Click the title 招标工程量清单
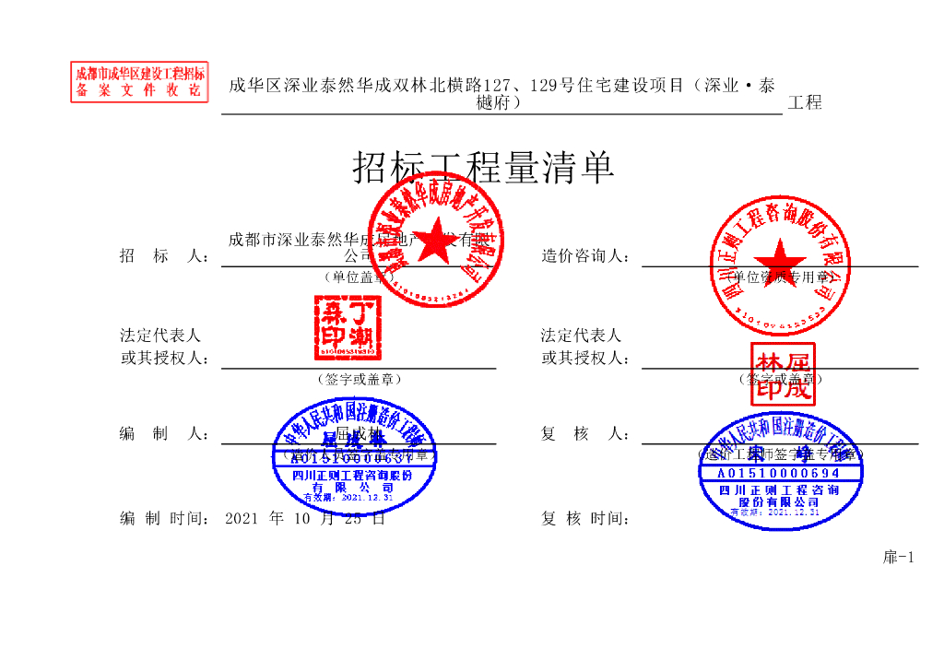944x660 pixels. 483,168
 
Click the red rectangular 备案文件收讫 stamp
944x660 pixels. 139,82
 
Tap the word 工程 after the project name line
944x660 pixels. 805,103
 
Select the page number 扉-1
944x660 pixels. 898,557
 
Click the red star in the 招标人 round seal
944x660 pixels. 437,236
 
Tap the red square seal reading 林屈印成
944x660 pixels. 782,374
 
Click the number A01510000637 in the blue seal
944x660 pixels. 353,457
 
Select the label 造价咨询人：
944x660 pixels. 585,255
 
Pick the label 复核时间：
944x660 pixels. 585,518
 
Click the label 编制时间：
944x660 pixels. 164,518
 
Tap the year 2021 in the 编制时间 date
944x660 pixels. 242,518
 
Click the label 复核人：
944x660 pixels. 585,433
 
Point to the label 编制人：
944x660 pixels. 164,433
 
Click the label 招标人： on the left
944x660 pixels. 164,255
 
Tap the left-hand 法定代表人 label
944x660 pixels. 160,336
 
